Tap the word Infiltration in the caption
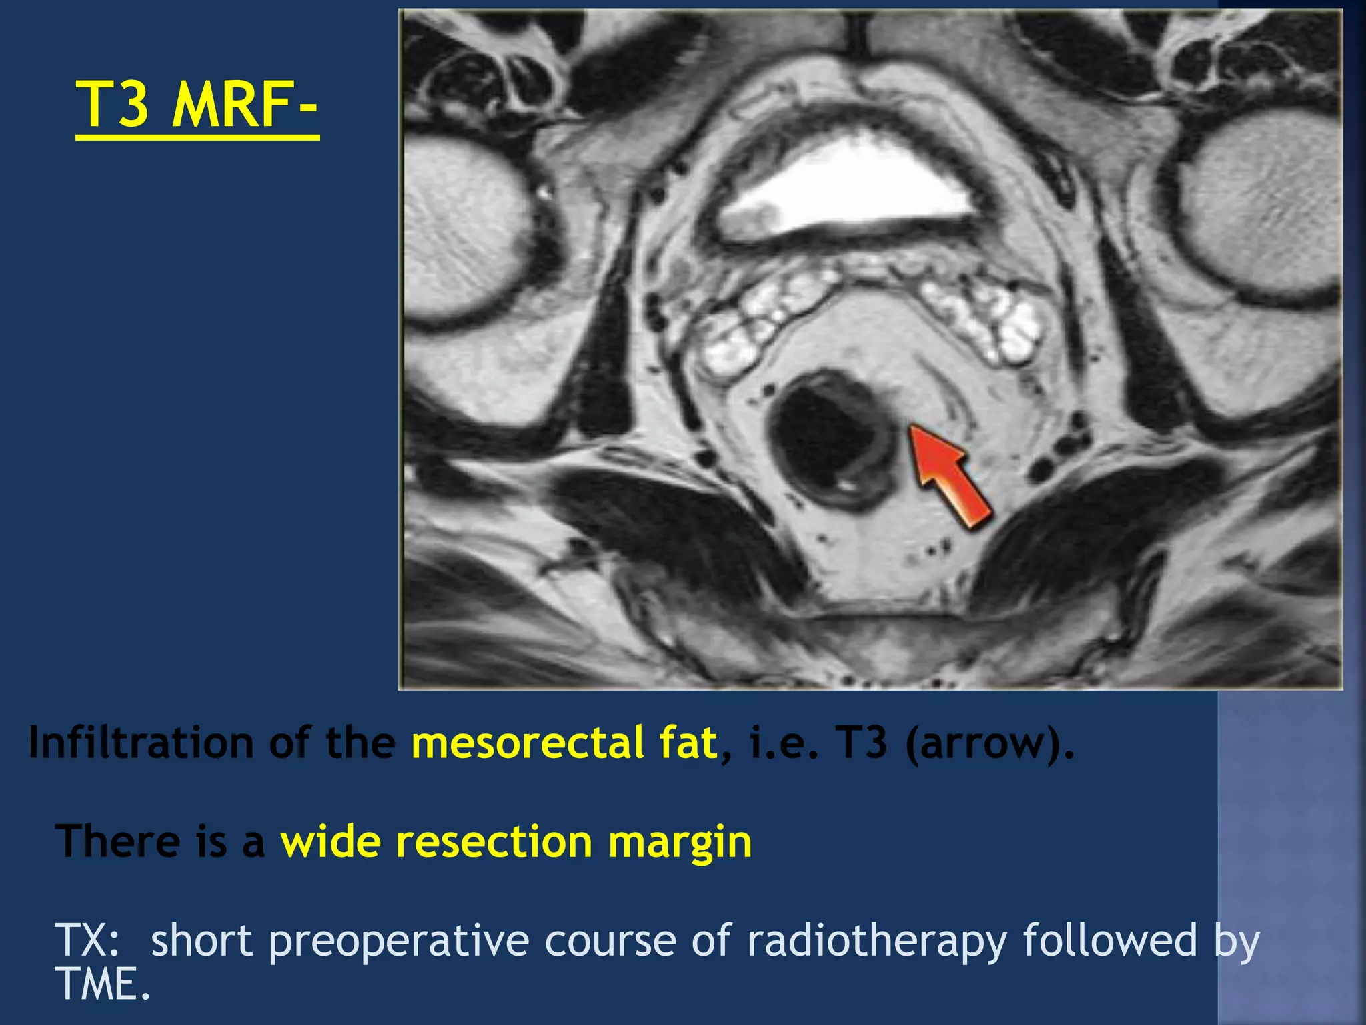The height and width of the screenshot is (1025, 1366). click(x=141, y=742)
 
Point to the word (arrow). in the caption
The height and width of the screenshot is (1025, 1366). click(x=990, y=743)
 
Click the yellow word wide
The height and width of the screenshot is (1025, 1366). click(x=331, y=841)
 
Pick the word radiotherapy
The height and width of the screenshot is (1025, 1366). click(x=876, y=941)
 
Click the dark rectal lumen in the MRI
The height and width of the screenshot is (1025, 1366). click(x=820, y=440)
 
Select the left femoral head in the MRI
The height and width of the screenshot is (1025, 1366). click(x=467, y=227)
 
